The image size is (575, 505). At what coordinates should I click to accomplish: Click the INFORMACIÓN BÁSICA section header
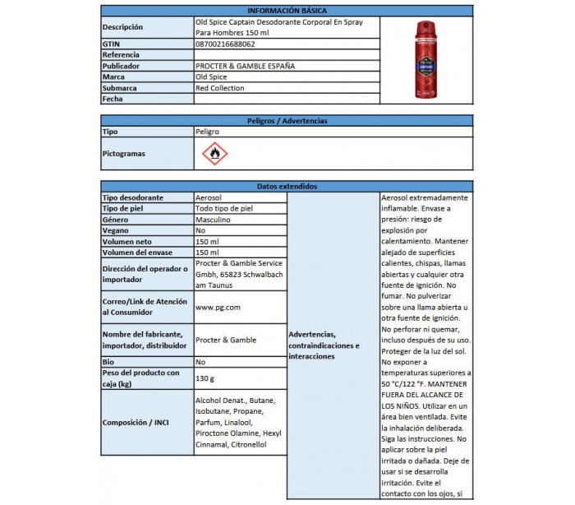[287, 11]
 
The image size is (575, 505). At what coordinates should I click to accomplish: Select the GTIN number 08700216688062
[225, 44]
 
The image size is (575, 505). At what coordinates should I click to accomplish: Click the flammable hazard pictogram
[214, 153]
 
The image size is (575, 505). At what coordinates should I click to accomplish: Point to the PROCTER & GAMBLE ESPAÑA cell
[245, 66]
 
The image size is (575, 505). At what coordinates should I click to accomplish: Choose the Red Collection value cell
[220, 88]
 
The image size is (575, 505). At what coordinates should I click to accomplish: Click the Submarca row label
[120, 88]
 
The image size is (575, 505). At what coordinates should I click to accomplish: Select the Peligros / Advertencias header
[287, 121]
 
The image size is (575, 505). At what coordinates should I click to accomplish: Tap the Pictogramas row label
[124, 154]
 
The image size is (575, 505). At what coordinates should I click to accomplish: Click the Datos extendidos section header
[287, 187]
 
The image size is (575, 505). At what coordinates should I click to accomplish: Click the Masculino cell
[213, 220]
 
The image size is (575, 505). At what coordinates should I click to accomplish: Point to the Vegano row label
[117, 231]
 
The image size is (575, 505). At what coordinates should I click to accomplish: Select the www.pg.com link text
[218, 308]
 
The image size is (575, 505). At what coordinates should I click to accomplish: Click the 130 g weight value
[205, 378]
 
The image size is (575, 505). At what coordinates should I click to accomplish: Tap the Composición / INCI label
[136, 422]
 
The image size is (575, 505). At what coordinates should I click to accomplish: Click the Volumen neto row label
[128, 242]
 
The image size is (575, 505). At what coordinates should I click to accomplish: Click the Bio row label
[109, 362]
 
